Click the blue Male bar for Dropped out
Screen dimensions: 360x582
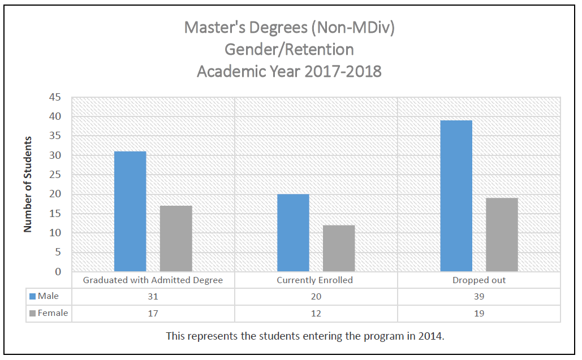tap(456, 196)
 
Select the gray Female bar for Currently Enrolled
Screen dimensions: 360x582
tap(339, 249)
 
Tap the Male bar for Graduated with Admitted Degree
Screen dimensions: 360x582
tap(130, 211)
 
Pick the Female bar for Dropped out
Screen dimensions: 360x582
tap(502, 235)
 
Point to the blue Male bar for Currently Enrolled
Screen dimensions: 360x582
tap(293, 233)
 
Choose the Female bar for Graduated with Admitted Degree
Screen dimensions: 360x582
tap(176, 238)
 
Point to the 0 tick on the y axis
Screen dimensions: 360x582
tap(58, 272)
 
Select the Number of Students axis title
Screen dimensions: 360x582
tap(27, 184)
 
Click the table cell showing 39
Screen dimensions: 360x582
tap(478, 297)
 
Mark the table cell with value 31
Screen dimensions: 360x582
tap(153, 297)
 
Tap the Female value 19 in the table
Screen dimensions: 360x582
tap(478, 313)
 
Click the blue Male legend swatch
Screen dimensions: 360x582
tap(33, 296)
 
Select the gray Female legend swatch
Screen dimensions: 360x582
tap(33, 313)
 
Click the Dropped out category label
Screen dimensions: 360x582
tap(478, 280)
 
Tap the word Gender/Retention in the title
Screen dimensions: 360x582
tap(290, 50)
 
